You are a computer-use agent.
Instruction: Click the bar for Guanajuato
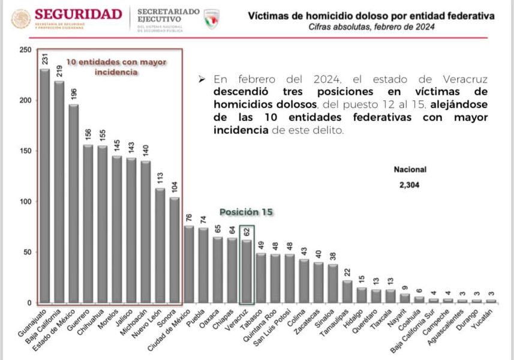[x=44, y=186]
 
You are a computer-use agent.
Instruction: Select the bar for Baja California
[x=59, y=192]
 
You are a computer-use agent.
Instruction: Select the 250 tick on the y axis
[x=25, y=50]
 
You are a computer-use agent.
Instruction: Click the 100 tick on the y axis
[x=25, y=202]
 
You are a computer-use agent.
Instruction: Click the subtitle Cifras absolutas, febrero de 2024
[x=372, y=27]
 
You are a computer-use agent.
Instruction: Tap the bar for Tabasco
[x=261, y=278]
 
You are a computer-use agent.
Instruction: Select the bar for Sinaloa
[x=333, y=283]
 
